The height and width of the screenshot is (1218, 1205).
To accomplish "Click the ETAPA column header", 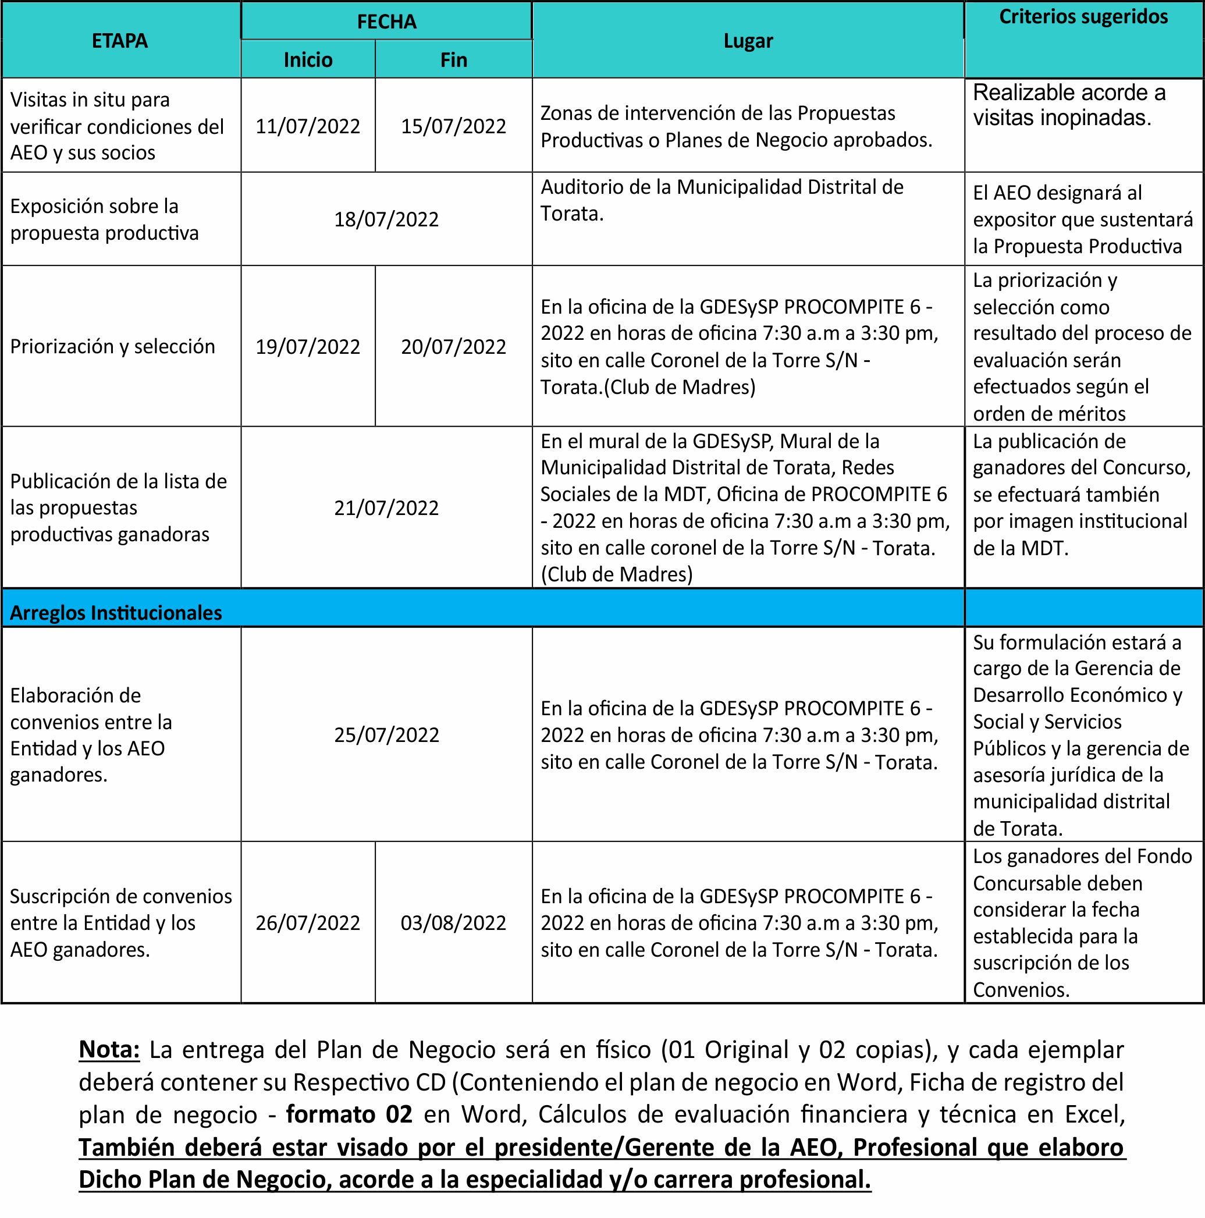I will pos(120,41).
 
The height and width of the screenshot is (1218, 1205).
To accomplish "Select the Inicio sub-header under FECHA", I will pos(308,60).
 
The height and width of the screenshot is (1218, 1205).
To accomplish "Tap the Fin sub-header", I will pos(453,60).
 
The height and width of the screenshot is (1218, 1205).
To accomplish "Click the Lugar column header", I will pos(748,41).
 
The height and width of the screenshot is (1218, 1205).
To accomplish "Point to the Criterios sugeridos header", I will pos(1083,17).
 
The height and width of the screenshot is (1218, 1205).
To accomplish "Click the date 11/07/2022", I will pos(308,126).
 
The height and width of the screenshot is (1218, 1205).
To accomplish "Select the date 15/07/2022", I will pos(453,126).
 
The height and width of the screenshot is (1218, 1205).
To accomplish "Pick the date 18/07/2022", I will pos(386,219).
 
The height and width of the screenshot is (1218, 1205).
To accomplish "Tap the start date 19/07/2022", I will pos(308,347).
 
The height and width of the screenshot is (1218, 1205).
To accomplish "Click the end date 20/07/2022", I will pos(453,347).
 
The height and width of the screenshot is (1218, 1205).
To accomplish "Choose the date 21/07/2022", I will pos(386,507).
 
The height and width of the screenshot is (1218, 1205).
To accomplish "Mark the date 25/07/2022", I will pos(386,735).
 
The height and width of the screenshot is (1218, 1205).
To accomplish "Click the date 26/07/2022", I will pos(308,923).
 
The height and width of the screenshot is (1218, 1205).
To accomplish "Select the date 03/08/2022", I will pos(453,923).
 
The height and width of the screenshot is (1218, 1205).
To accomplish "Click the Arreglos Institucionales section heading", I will pos(116,613).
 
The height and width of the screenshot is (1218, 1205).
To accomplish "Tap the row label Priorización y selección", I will pos(113,346).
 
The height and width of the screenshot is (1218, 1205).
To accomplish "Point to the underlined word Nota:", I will pos(109,1050).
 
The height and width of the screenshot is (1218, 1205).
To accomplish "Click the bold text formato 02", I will pos(349,1114).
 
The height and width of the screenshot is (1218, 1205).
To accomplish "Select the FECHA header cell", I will pos(386,22).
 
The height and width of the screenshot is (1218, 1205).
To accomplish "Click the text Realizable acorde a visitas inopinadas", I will pos(1069,105).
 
